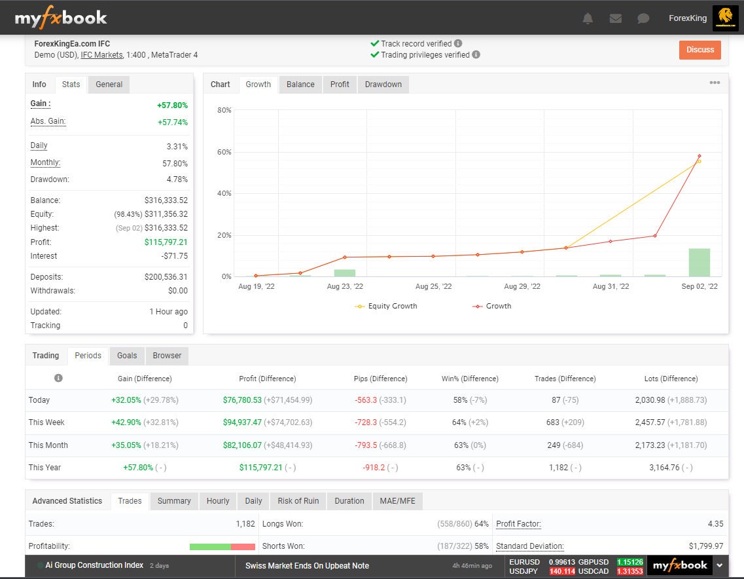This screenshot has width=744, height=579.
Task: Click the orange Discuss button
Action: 700,50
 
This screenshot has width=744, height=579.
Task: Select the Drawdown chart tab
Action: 383,84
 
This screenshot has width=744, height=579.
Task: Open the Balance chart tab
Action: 300,84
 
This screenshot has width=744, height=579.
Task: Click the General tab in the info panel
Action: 109,84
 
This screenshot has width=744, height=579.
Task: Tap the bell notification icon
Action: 588,18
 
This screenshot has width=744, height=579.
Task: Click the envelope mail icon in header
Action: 615,18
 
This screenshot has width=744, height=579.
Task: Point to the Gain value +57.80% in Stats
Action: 172,105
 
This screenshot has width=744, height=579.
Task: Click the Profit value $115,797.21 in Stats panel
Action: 166,242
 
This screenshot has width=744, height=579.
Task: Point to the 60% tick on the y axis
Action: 224,152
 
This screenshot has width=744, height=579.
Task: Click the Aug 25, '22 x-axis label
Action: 433,287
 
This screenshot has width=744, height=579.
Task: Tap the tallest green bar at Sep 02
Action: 699,263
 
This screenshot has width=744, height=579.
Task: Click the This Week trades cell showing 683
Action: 553,422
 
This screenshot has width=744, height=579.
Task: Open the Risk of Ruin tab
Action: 298,501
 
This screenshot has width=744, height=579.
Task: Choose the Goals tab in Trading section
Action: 127,356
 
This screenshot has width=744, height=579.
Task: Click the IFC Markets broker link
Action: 101,55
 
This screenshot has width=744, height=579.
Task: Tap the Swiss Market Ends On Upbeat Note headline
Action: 307,566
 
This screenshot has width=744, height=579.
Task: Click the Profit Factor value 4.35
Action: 715,524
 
